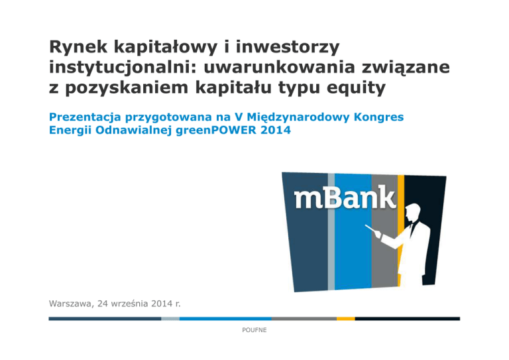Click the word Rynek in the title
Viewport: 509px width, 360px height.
pos(78,47)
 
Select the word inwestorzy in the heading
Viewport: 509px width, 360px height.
pos(288,46)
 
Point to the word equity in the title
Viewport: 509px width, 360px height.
pos(356,88)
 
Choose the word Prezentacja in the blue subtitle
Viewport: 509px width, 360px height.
pos(85,117)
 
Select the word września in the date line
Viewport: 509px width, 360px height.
pos(131,304)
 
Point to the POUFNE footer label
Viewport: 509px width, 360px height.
pos(254,330)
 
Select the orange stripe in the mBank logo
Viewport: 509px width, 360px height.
pos(401,231)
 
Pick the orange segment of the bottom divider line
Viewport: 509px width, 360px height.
pos(346,319)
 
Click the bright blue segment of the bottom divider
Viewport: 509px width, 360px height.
pos(225,319)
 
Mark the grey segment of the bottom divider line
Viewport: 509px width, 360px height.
pos(304,319)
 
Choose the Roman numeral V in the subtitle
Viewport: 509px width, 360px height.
pos(239,117)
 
